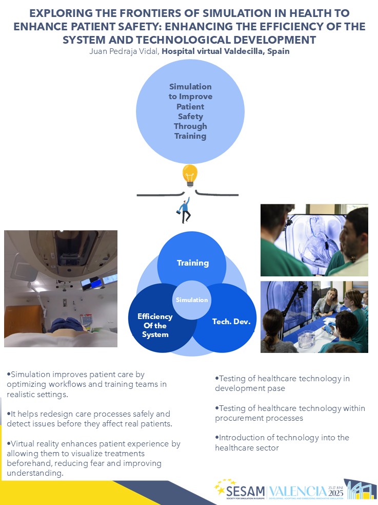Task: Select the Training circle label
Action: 193,263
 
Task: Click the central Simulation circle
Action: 192,300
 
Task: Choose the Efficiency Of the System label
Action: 155,326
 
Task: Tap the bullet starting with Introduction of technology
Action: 282,442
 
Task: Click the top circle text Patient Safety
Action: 190,111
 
